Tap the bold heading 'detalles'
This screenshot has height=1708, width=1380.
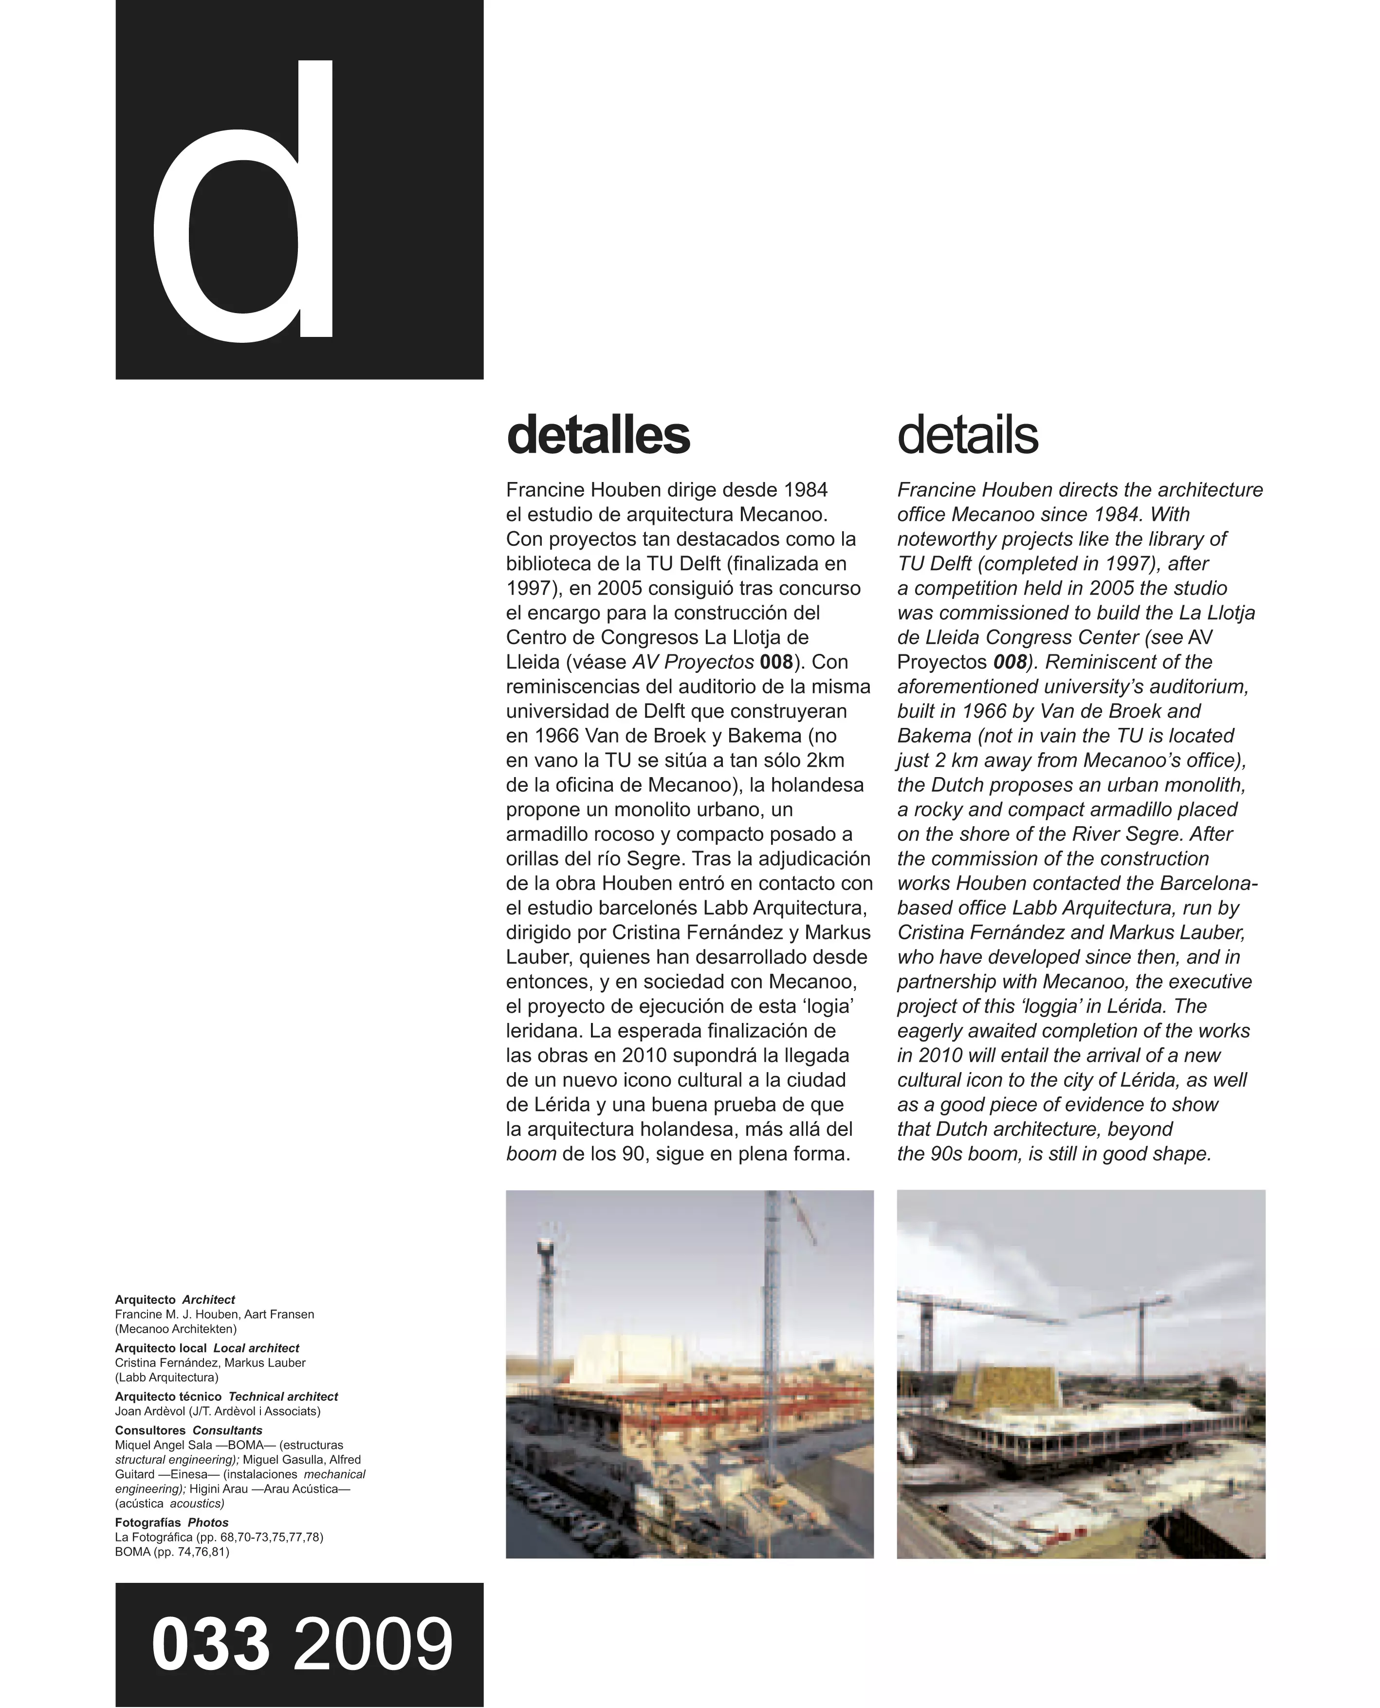click(598, 436)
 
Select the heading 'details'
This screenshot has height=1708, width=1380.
click(967, 436)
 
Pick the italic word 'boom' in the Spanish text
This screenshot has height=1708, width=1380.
click(531, 1154)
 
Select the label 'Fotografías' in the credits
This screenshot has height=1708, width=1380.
click(148, 1522)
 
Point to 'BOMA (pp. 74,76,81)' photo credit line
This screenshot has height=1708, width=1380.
click(172, 1551)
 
